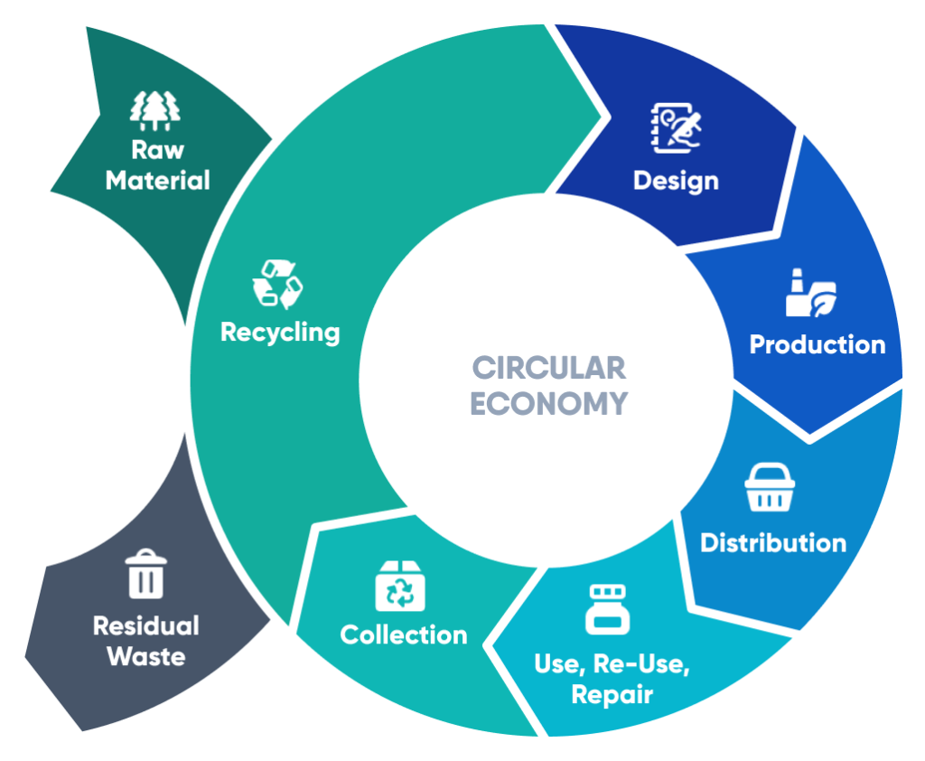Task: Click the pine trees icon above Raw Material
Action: click(x=156, y=109)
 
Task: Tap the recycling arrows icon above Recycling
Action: click(x=277, y=283)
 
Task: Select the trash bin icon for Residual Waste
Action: click(x=145, y=575)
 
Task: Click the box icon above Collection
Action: click(x=400, y=586)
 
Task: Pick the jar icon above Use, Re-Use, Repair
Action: click(x=607, y=608)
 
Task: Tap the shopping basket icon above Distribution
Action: click(x=770, y=489)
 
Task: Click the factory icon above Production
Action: click(x=810, y=292)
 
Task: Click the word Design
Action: click(x=676, y=180)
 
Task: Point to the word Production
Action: click(x=818, y=344)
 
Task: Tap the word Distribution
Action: click(x=773, y=542)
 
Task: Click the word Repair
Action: click(x=612, y=695)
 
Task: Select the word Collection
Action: click(x=404, y=634)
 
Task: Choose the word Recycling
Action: click(x=280, y=332)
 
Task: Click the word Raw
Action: click(x=157, y=149)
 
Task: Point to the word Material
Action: click(x=157, y=180)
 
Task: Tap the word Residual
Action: click(x=146, y=625)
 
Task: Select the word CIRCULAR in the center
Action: click(x=548, y=368)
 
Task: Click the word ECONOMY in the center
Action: click(x=548, y=402)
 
